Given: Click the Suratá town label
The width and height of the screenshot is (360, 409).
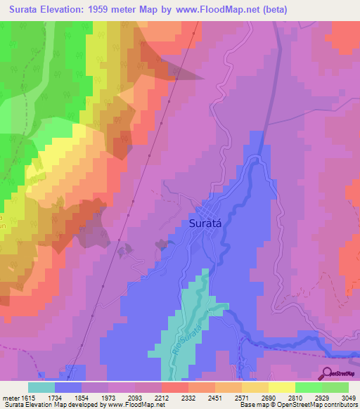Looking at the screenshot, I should [x=207, y=223].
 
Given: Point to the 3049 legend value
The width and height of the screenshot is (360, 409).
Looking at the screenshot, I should [x=349, y=398].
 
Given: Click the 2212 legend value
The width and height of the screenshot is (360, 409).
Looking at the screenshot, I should [x=161, y=398].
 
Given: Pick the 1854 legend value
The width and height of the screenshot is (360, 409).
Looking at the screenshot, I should [x=81, y=398].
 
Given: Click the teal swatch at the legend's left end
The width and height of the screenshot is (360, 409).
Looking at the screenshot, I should [x=41, y=387].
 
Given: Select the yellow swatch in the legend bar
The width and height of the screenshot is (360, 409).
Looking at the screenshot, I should [x=281, y=387].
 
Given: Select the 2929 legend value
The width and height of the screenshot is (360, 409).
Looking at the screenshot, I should [x=322, y=398].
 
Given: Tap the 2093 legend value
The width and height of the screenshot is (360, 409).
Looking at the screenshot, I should [x=134, y=398].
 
